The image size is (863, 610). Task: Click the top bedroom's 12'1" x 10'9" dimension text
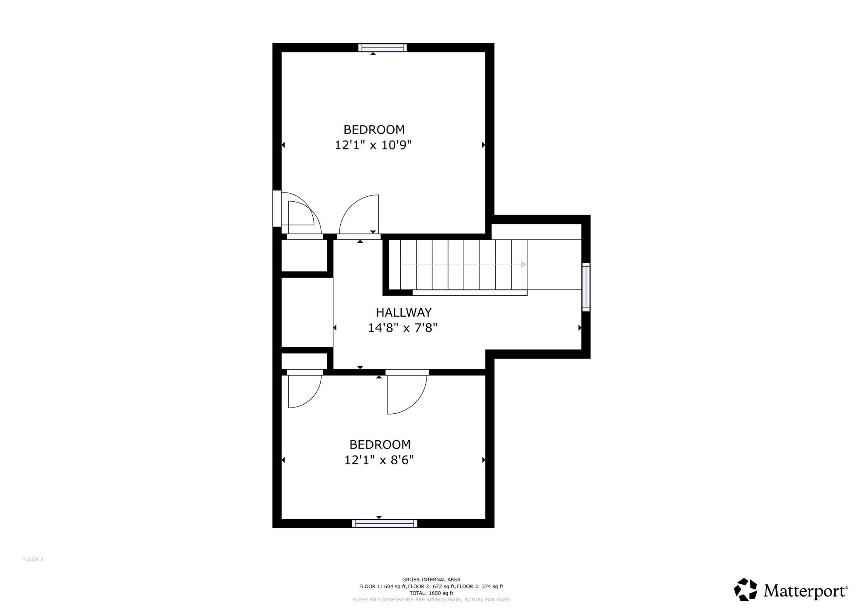point(373,145)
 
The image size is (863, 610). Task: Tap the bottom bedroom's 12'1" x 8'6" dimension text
point(379,460)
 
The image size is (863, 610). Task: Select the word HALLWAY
point(398,312)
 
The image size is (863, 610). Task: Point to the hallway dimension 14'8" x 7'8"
point(403,328)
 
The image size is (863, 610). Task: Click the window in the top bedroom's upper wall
point(383,48)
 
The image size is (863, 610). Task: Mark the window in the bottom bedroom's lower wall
point(385,524)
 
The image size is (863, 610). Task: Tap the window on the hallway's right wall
point(586,287)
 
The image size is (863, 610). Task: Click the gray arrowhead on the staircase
point(524,264)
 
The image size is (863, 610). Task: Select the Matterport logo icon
point(746,589)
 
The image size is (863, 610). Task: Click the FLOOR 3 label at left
point(33,559)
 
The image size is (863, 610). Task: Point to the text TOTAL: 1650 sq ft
point(431,593)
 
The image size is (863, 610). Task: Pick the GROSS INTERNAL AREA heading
point(431,580)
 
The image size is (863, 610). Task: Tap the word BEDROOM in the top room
point(374,130)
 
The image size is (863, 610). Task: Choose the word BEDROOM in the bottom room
point(380,445)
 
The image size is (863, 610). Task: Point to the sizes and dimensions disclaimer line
point(431,600)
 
